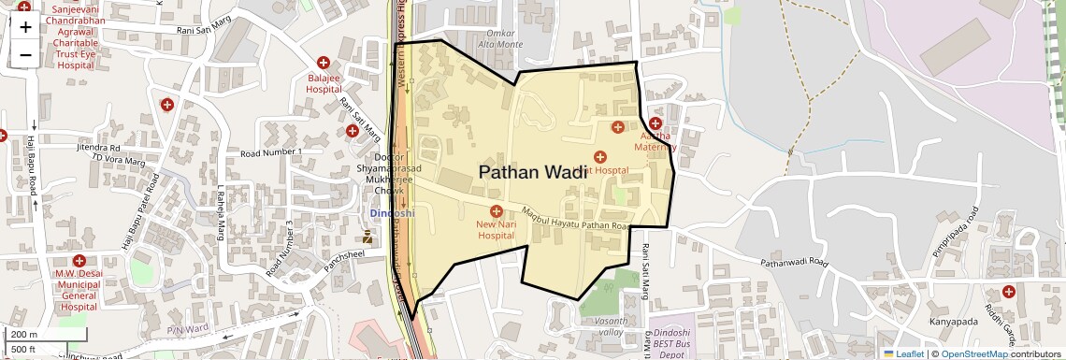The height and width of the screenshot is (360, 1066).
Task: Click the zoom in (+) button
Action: pyautogui.click(x=25, y=26)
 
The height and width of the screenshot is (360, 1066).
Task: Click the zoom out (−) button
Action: pyautogui.click(x=25, y=54)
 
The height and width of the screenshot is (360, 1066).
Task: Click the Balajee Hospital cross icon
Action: pyautogui.click(x=323, y=62)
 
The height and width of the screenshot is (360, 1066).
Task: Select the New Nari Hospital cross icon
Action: pyautogui.click(x=496, y=211)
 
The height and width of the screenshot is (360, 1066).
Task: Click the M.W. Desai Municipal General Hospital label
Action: pyautogui.click(x=79, y=290)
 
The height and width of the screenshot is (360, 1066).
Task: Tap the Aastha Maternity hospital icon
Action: pyautogui.click(x=655, y=123)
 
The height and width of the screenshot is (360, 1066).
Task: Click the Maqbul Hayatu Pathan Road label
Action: pyautogui.click(x=573, y=219)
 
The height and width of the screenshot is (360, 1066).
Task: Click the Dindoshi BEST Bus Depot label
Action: pyautogui.click(x=670, y=344)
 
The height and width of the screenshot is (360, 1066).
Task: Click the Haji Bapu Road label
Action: pyautogui.click(x=32, y=164)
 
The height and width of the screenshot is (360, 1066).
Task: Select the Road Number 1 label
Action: pyautogui.click(x=270, y=151)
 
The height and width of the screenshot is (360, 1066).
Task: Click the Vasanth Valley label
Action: pyautogui.click(x=609, y=325)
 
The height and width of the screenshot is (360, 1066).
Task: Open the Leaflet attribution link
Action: pyautogui.click(x=903, y=353)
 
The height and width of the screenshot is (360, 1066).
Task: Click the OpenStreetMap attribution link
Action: pyautogui.click(x=974, y=353)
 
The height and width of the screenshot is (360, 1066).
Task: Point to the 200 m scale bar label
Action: pyautogui.click(x=24, y=335)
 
